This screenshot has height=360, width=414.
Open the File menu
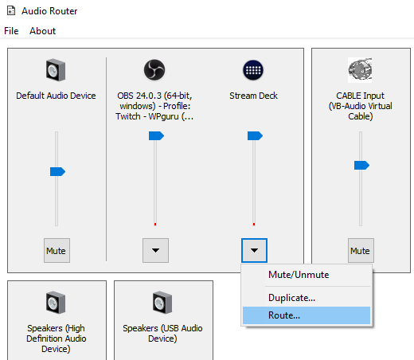click(11, 31)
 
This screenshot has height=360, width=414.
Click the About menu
click(42, 31)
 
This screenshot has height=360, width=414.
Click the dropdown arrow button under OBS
click(155, 250)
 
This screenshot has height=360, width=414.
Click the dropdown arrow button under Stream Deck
click(254, 250)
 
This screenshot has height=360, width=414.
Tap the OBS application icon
click(154, 70)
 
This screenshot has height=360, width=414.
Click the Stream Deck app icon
click(253, 70)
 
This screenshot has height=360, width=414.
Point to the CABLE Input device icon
click(360, 70)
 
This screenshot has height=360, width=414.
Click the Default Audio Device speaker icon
click(56, 70)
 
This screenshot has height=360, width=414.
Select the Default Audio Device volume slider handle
click(57, 171)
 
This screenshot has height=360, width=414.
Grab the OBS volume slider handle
click(156, 135)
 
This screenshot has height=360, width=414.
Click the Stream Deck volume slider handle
click(255, 135)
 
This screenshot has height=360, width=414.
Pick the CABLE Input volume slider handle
click(361, 165)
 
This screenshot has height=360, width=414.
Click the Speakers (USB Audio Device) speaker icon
click(162, 303)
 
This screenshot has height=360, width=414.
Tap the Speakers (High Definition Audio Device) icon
click(56, 303)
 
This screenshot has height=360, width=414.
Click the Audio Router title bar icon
click(11, 11)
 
